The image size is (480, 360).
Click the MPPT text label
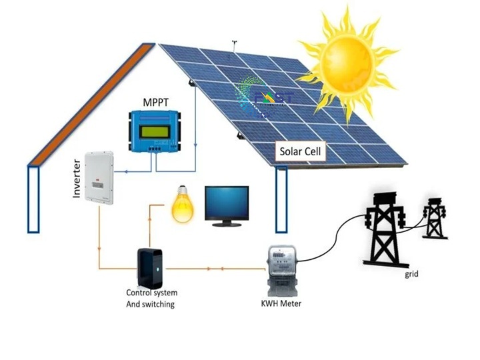tap(155, 103)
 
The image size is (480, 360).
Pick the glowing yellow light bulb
tap(181, 204)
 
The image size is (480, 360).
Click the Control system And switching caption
tap(151, 298)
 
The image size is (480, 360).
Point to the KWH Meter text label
tap(282, 304)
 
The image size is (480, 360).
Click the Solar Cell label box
tap(301, 152)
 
